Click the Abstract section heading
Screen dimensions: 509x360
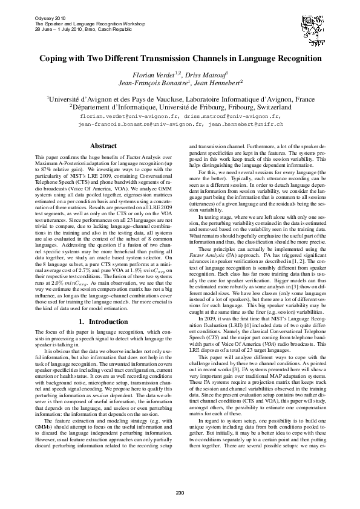103,146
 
